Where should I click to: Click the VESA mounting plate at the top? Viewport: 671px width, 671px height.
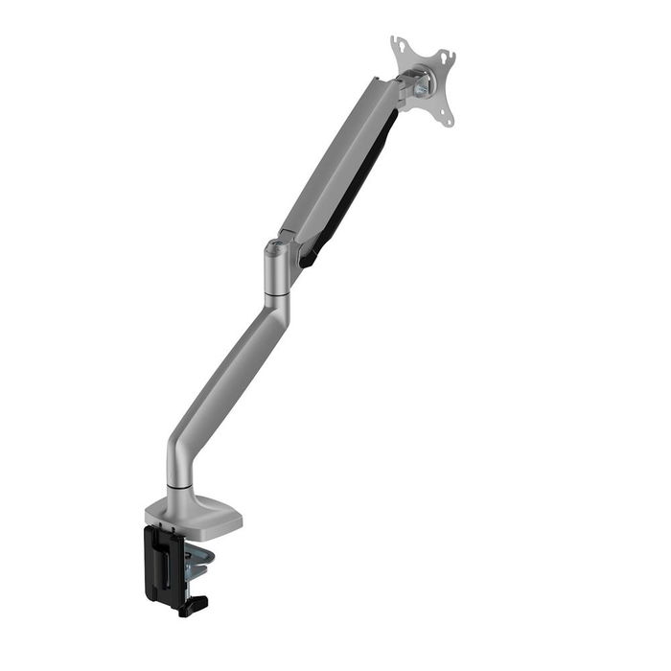pyautogui.click(x=423, y=80)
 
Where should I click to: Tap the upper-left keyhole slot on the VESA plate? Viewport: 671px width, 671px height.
pyautogui.click(x=397, y=47)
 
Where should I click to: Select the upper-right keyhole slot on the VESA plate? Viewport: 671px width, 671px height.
pyautogui.click(x=448, y=58)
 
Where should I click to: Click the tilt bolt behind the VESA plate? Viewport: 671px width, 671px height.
pyautogui.click(x=419, y=84)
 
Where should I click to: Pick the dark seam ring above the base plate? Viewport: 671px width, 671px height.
pyautogui.click(x=178, y=488)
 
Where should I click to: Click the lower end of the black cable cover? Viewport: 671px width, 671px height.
pyautogui.click(x=309, y=257)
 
